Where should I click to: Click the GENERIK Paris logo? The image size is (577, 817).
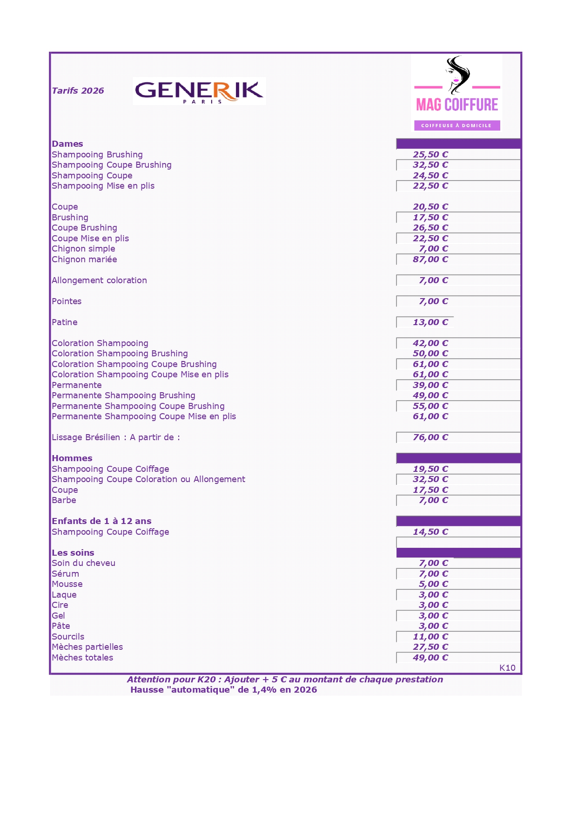(x=199, y=91)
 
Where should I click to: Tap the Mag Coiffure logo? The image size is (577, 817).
(x=456, y=93)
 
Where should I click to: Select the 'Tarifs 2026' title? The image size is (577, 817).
(x=78, y=91)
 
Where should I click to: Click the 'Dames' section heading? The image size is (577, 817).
(x=67, y=144)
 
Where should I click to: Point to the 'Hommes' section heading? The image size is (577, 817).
(x=72, y=458)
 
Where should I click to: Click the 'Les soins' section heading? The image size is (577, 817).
(x=73, y=553)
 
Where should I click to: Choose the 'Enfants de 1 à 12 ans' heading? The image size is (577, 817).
(x=101, y=521)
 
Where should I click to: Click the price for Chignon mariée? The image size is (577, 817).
(x=430, y=259)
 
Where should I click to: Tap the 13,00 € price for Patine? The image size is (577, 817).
(x=430, y=322)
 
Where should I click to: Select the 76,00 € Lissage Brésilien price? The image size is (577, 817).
(x=430, y=437)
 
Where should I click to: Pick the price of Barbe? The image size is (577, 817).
(x=433, y=500)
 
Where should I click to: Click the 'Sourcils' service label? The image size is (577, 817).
(x=68, y=637)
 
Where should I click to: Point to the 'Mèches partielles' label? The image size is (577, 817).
(x=87, y=647)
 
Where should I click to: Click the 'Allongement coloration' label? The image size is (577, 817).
(x=99, y=280)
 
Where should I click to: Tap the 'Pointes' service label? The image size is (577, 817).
(x=67, y=301)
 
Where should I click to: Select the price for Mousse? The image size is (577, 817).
(x=433, y=584)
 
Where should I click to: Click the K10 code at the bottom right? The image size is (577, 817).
(x=507, y=668)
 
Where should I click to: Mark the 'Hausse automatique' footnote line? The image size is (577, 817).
(x=223, y=690)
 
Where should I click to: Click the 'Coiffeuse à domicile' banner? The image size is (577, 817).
(x=456, y=125)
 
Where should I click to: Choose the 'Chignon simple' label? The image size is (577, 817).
(x=83, y=249)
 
